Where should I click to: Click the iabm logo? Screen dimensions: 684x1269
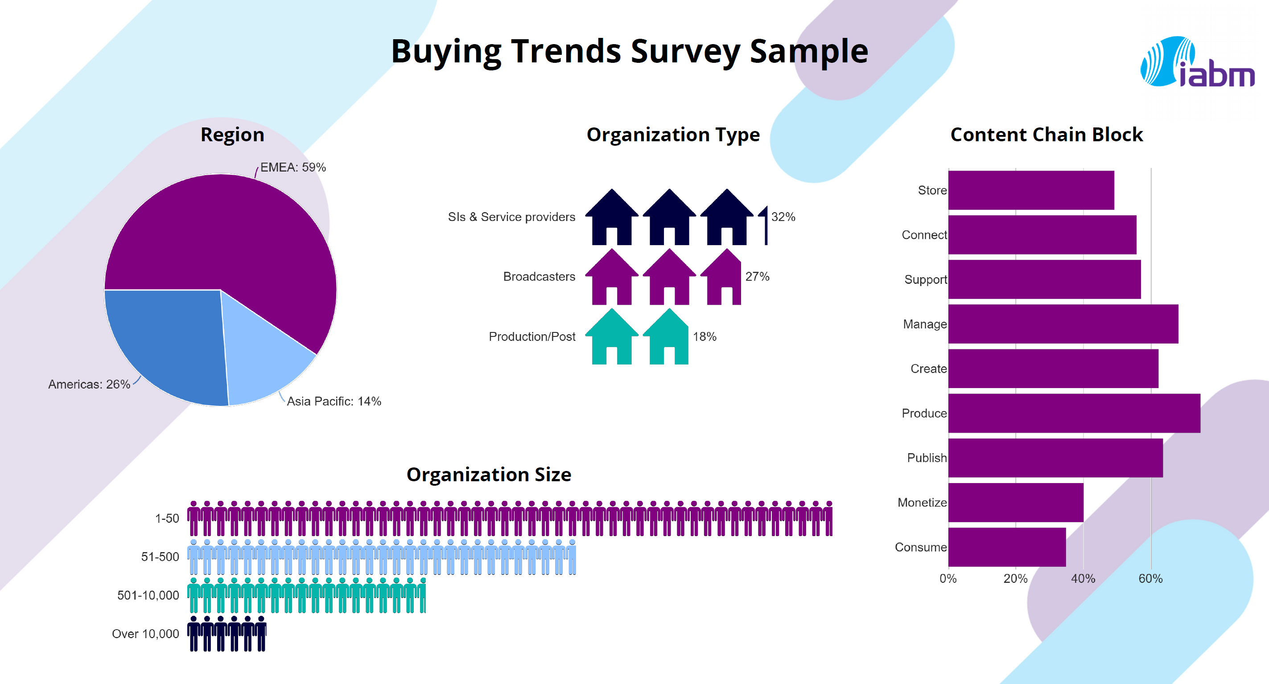(1197, 62)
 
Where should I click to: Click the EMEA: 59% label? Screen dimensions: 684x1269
(293, 168)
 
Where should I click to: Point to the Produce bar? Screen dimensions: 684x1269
(1074, 413)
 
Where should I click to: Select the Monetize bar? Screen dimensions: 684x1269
(1015, 502)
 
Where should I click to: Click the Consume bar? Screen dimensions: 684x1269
(1006, 547)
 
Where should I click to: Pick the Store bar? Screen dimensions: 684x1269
(1030, 190)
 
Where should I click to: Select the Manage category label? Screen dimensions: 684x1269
(925, 324)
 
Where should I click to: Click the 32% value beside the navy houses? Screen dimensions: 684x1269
(783, 217)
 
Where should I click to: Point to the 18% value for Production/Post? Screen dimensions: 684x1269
(705, 337)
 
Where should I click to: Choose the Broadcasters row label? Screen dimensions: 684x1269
(539, 277)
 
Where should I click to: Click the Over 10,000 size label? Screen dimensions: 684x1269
(145, 634)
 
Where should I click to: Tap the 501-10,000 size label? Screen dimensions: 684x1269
(148, 595)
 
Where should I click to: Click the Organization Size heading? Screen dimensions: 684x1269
(489, 474)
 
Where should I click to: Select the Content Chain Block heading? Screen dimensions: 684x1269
(1047, 135)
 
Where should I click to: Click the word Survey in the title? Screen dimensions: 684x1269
(685, 51)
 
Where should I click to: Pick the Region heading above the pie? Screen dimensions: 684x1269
(232, 135)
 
